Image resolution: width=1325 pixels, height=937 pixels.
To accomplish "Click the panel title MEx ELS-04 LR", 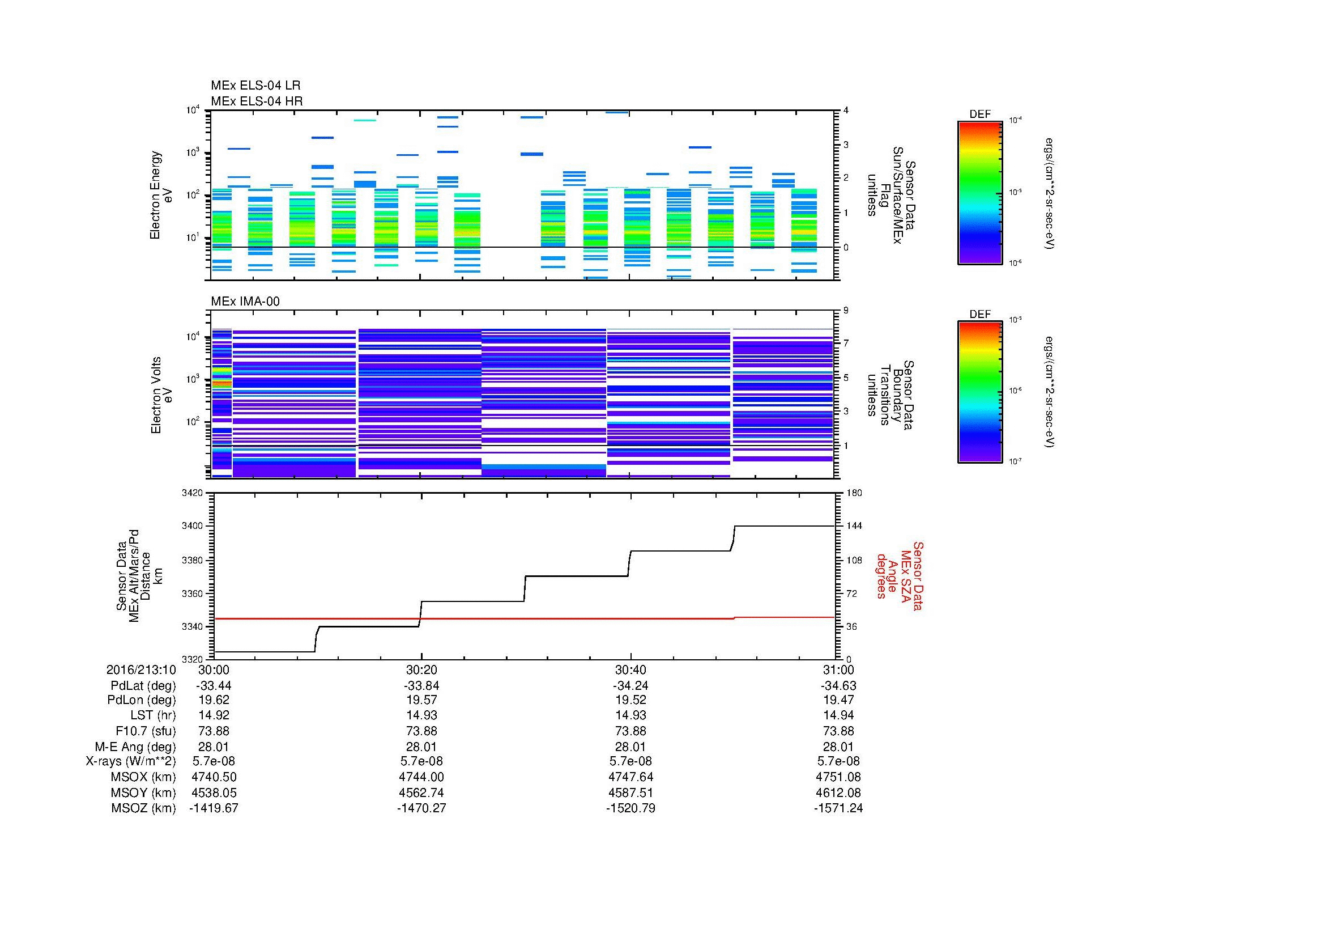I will point(255,86).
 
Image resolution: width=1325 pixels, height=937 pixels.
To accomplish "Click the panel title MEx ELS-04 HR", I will point(256,101).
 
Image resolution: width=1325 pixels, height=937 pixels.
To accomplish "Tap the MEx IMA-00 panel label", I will point(245,302).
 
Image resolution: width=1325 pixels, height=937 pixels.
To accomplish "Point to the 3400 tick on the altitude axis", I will point(192,526).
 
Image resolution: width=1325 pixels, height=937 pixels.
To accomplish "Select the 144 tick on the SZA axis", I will point(854,526).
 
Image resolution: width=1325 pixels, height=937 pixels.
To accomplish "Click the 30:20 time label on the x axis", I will point(421,669).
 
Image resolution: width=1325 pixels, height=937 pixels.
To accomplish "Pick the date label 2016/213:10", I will point(141,669).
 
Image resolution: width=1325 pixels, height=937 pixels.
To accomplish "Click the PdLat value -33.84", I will point(421,686).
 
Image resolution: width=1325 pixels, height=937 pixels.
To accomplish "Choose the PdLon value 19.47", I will point(838,700).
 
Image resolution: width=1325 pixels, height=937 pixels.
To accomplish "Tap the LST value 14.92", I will point(214,715).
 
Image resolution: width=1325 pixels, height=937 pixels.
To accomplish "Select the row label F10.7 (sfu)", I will point(146,731).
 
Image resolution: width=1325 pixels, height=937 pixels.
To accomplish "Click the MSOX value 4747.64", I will point(630,777).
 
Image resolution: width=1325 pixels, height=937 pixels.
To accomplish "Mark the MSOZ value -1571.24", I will point(838,808).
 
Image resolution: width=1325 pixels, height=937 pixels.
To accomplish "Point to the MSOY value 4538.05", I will point(214,792).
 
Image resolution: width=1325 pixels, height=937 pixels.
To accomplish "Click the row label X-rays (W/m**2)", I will point(130,761).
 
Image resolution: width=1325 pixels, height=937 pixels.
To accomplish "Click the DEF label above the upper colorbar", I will point(980,115).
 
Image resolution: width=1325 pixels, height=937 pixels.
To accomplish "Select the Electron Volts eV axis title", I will point(161,395).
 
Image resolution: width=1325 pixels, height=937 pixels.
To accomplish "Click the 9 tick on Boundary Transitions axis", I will point(846,311).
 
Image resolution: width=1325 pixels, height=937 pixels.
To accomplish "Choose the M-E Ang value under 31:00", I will point(838,747).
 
